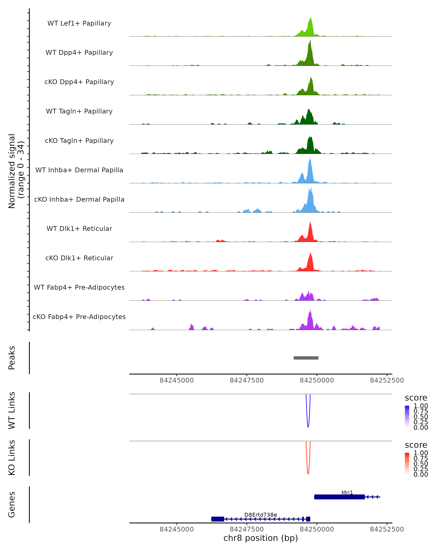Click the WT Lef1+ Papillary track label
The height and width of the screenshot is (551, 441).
tap(79, 23)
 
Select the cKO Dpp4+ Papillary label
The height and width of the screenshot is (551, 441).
tap(79, 82)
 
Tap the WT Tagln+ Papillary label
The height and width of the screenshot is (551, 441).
tap(79, 111)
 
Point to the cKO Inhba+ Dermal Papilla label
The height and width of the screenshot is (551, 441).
tap(79, 199)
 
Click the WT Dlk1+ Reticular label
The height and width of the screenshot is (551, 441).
tap(79, 228)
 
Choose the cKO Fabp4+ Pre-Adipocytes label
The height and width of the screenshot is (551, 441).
tap(79, 317)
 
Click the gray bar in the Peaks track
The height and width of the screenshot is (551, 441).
tap(306, 358)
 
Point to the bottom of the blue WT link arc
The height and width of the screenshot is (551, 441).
tap(308, 427)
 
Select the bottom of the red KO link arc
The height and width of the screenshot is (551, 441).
tap(308, 474)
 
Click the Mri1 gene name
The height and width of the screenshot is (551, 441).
tap(347, 492)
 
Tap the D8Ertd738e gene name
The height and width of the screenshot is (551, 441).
tap(261, 515)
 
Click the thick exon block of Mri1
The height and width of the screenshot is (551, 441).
tap(339, 497)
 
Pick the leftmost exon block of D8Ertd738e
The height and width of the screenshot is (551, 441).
tap(218, 519)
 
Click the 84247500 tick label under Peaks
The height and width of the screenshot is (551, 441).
tap(247, 380)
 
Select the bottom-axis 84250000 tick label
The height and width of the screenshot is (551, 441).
tap(317, 529)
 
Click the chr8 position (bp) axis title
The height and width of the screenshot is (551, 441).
tap(261, 538)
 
